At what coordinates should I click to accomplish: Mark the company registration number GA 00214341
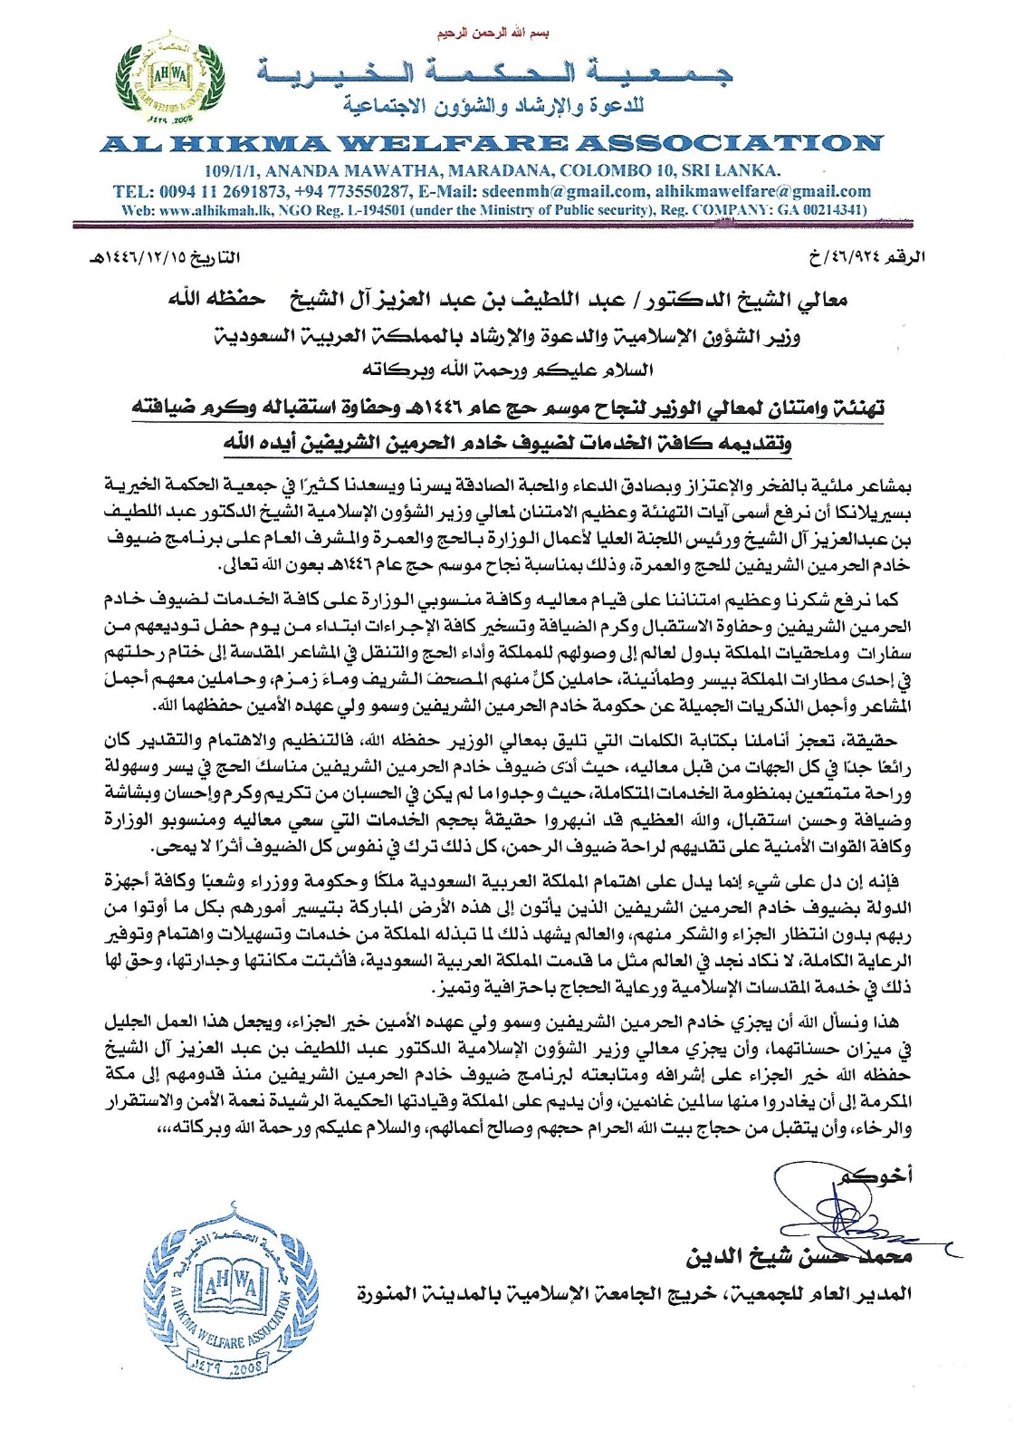pyautogui.click(x=820, y=210)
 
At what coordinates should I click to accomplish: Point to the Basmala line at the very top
pyautogui.click(x=493, y=34)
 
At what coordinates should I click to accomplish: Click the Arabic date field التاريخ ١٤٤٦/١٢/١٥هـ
pyautogui.click(x=165, y=257)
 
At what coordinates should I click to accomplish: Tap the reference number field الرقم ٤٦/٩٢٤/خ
pyautogui.click(x=867, y=257)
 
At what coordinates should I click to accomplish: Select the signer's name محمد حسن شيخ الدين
pyautogui.click(x=799, y=1257)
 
